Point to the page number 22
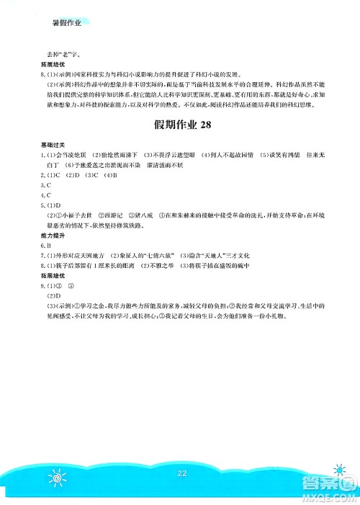180,473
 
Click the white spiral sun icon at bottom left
57,479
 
